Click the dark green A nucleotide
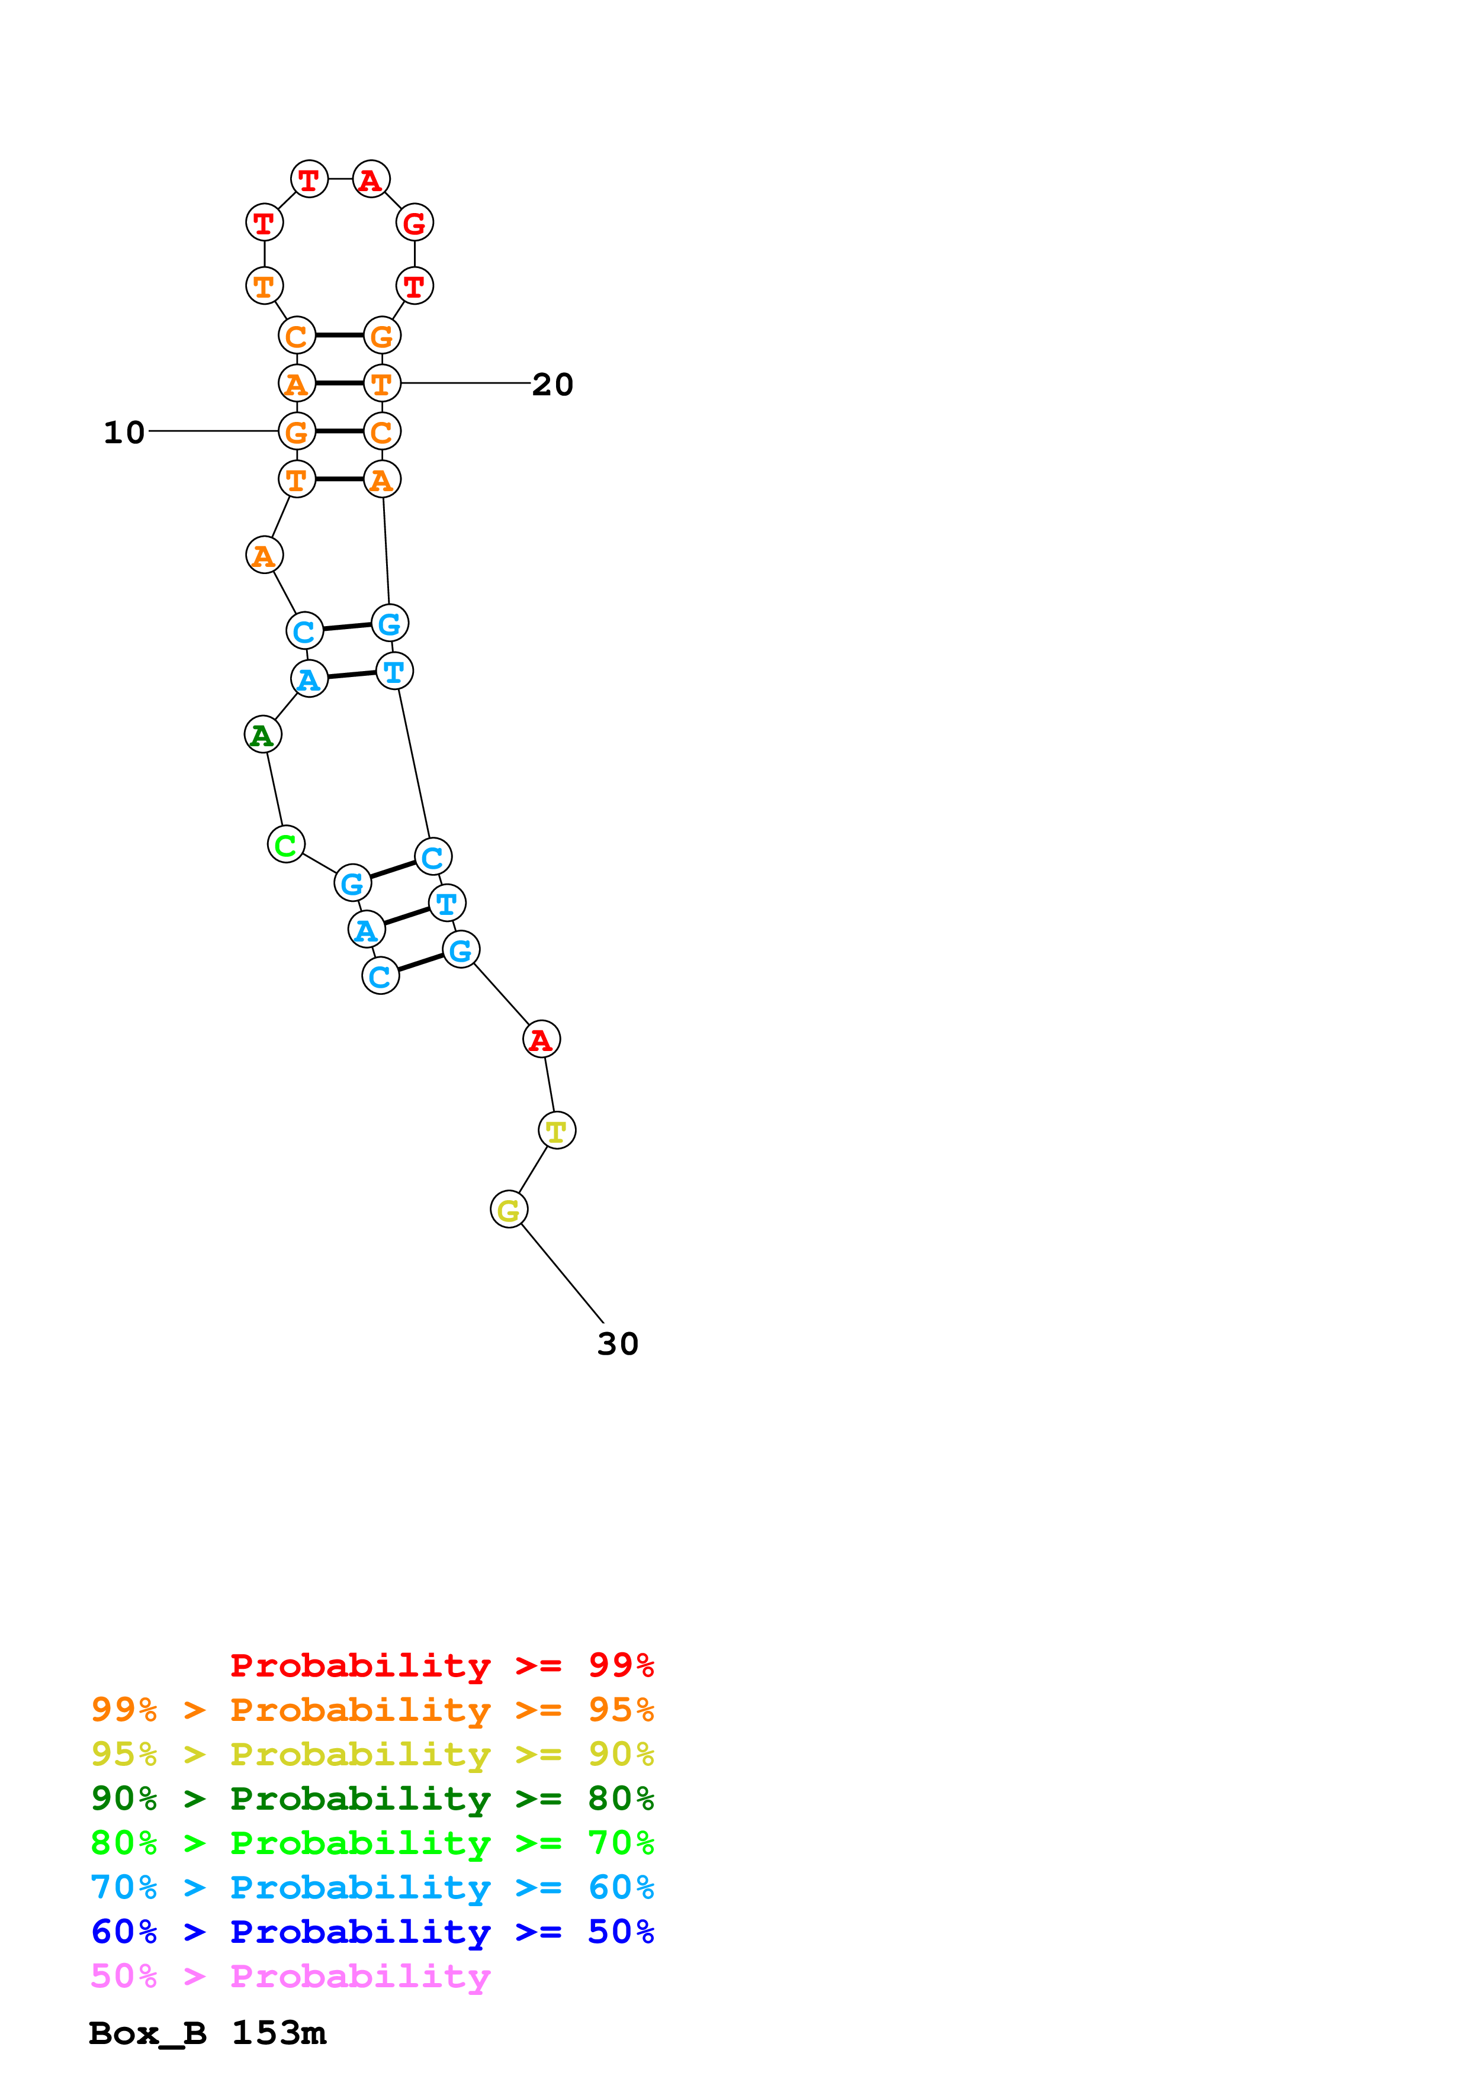point(262,734)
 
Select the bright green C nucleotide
point(286,844)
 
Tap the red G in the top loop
point(415,223)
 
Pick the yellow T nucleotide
point(556,1130)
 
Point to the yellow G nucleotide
point(508,1210)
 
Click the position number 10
point(124,432)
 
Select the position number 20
point(552,384)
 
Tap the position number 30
point(618,1343)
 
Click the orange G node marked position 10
point(297,431)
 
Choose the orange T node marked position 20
point(382,383)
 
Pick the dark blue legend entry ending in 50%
point(372,1932)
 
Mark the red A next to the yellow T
point(541,1040)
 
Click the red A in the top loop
point(370,179)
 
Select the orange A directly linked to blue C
point(264,555)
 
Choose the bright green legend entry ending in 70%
point(372,1843)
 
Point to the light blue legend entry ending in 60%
point(372,1887)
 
